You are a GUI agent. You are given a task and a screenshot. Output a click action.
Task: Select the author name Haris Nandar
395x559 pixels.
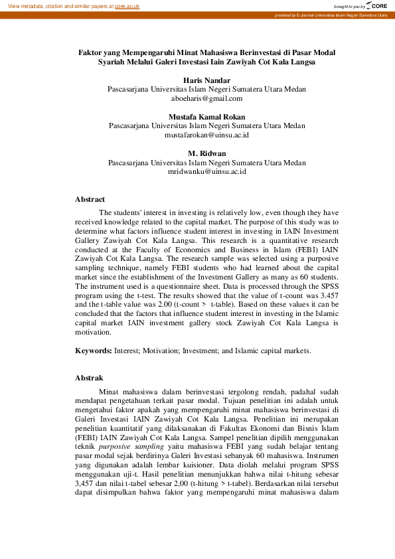tap(207, 80)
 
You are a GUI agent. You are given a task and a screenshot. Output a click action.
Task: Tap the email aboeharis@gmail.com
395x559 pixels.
tap(207, 98)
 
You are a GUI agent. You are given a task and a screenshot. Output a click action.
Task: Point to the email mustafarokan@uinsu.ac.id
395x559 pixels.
tap(207, 135)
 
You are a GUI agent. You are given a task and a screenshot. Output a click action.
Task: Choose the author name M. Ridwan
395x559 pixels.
tap(207, 153)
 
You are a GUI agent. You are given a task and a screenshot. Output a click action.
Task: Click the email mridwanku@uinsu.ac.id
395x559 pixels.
tap(207, 171)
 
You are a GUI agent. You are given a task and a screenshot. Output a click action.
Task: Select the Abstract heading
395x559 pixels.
tap(90, 199)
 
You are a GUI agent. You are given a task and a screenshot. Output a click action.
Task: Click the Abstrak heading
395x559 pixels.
tap(89, 378)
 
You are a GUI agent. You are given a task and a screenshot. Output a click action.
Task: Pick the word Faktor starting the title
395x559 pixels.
tap(91, 52)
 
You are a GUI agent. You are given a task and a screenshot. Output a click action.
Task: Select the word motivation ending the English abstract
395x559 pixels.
tap(94, 333)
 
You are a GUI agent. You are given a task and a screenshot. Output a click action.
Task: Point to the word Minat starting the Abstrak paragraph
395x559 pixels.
tap(110, 392)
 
